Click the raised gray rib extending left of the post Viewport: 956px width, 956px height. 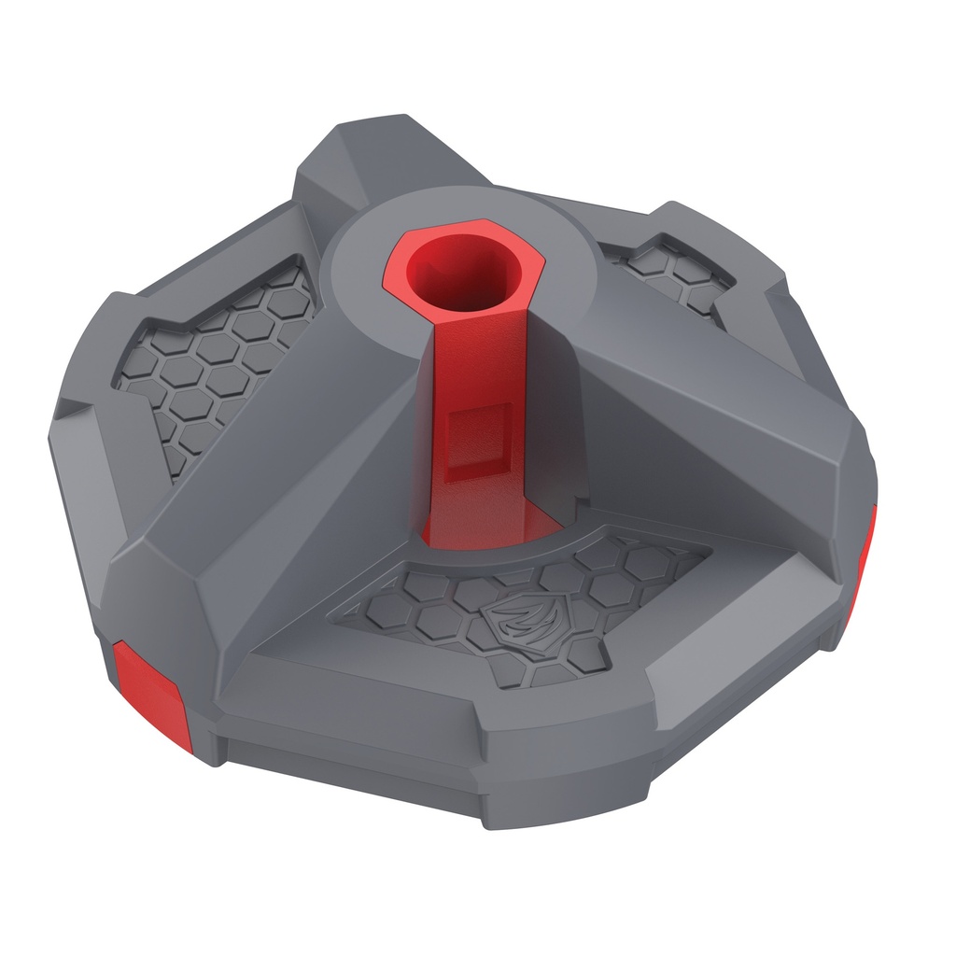coord(280,467)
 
